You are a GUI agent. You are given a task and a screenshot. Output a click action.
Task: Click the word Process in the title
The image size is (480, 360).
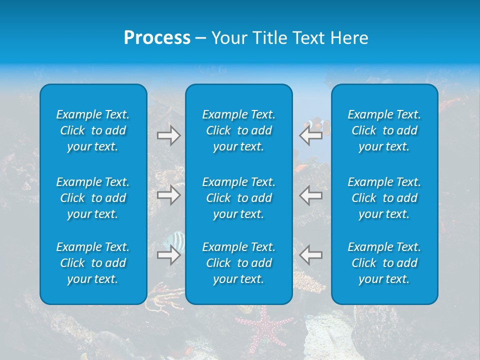coord(157,38)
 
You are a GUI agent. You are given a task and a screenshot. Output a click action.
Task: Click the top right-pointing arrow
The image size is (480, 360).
coord(169,135)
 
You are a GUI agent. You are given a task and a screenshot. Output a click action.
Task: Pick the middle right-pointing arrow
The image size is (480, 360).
coord(169,194)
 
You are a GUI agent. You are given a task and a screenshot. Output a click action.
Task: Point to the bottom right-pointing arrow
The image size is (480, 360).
coord(169,255)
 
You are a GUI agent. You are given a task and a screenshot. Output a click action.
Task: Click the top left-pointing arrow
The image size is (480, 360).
coord(311,135)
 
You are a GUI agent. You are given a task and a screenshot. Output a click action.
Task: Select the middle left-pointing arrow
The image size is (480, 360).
coord(311,194)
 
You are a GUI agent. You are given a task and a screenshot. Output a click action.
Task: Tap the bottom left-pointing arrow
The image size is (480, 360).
coord(311,255)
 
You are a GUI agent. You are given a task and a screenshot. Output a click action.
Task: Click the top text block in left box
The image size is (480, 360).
coord(93,130)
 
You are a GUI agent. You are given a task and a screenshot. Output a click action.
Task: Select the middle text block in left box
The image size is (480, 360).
coord(93,198)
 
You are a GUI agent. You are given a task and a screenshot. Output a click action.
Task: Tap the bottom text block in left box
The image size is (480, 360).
coord(93,263)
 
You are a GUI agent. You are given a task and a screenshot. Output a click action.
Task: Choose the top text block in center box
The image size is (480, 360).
coord(239,130)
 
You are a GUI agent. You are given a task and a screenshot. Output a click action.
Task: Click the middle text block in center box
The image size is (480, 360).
coord(239,198)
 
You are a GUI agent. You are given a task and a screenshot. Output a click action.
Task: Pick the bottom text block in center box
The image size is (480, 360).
coord(239,263)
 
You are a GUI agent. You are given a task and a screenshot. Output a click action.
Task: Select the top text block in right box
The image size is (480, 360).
coord(384,130)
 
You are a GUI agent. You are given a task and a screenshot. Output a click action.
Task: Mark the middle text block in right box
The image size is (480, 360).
coord(384,198)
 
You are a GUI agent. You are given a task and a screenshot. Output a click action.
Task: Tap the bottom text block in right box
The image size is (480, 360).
coord(384,263)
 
